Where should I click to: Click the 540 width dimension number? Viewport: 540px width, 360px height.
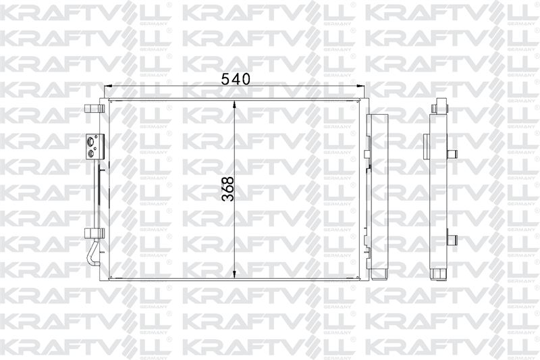[235, 79]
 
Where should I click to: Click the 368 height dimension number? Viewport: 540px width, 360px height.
[228, 189]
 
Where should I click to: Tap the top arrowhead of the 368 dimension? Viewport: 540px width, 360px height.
[234, 105]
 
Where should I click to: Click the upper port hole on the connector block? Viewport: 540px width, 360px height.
[91, 141]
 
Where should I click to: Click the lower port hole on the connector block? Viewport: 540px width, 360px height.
[91, 153]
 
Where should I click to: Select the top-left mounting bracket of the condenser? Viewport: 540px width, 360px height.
[94, 109]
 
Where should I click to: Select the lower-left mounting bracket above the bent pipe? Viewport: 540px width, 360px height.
[94, 233]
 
